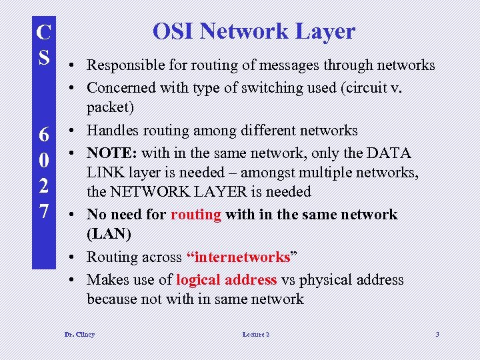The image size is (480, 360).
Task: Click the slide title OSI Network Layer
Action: coord(253,31)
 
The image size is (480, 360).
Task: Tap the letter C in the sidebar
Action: coord(43,32)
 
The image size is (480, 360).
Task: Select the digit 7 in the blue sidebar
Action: coord(43,212)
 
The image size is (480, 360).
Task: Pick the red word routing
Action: coord(196,215)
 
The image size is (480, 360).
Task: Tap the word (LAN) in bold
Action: coord(109,235)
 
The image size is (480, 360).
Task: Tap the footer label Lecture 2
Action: coord(256,334)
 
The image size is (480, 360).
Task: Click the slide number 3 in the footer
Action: coord(437,334)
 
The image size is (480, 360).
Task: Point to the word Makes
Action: coord(107,280)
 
